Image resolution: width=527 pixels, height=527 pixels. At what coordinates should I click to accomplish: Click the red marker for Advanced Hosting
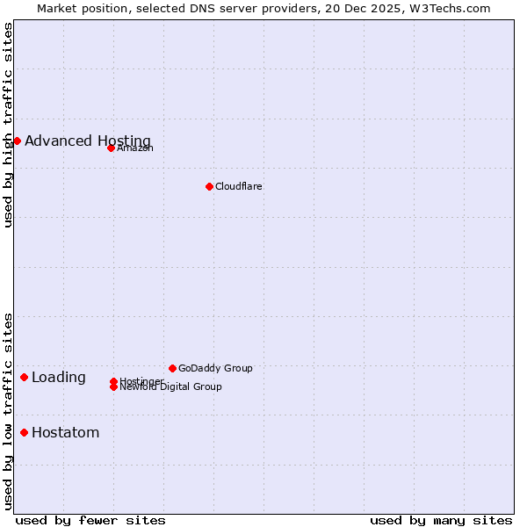point(17,141)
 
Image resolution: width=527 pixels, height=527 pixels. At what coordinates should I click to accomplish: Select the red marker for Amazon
point(111,148)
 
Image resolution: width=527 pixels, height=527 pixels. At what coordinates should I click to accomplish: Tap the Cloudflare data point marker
point(209,186)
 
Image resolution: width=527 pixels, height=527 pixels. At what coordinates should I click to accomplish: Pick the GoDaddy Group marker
point(172,368)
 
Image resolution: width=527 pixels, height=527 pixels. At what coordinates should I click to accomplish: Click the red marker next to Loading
point(24,377)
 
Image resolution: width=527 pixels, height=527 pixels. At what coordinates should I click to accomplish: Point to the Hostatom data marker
point(24,432)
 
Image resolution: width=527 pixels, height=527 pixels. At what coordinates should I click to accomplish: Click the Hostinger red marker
point(113,381)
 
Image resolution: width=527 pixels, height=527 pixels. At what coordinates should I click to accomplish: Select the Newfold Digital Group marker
point(113,386)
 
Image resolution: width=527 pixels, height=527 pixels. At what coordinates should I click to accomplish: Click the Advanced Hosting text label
point(88,141)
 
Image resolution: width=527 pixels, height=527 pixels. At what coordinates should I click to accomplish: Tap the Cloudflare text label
point(239,186)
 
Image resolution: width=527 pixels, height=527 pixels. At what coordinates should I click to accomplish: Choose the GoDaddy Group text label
point(215,368)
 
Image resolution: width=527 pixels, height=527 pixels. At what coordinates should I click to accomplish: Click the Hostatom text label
point(66,432)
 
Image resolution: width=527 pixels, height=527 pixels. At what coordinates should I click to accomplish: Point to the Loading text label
point(59,378)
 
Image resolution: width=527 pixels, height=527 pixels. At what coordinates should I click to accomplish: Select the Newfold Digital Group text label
point(171,387)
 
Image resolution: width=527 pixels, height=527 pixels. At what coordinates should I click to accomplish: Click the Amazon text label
point(135,148)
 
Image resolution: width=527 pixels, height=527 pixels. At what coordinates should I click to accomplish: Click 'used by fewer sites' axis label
point(90,520)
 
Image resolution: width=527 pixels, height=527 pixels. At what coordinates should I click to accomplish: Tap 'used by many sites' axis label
point(441,520)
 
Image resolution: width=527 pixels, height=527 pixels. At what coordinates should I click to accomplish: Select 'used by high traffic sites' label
point(8,126)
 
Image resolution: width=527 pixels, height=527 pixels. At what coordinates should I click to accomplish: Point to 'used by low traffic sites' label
point(8,410)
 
